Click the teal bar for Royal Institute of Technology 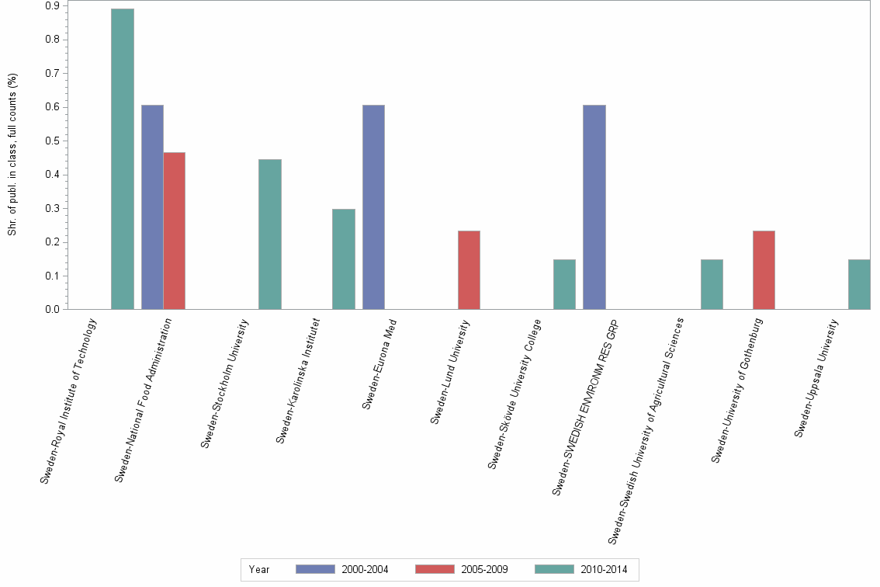123,159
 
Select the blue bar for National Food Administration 152,207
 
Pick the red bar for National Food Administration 174,231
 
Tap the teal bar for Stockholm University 270,234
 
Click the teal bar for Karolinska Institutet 344,259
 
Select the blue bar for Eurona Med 373,207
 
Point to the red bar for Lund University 469,270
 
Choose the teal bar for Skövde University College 564,284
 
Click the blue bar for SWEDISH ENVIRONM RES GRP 594,207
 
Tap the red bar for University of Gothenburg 764,270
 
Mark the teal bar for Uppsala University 859,284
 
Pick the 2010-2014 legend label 604,569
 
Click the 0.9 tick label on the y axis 53,5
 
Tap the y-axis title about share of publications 12,155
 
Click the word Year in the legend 259,569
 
